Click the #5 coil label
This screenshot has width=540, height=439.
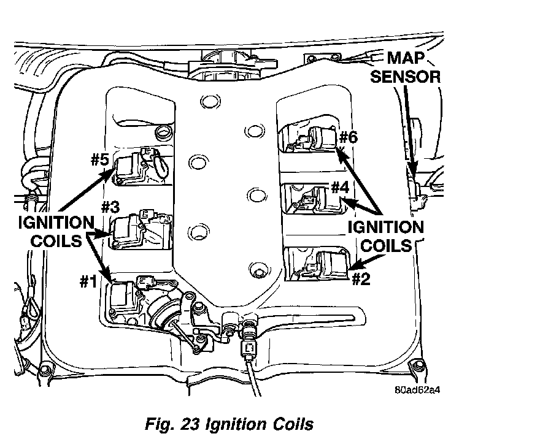point(99,161)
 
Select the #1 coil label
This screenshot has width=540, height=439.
point(88,281)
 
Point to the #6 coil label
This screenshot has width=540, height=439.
point(348,136)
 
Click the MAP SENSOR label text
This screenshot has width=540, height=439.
point(412,67)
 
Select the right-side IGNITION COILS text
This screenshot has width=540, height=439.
point(385,236)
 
